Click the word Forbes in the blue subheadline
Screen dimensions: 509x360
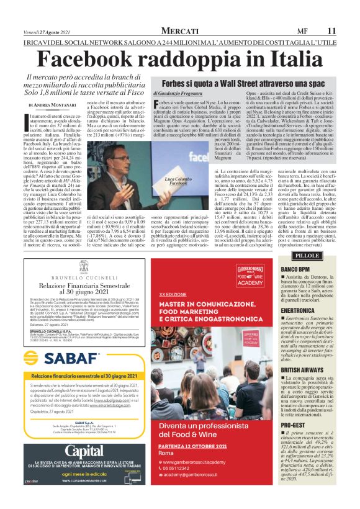[x=176, y=83]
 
